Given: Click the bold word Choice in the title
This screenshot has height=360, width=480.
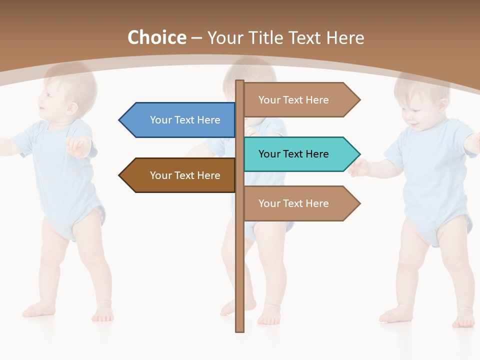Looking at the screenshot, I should [x=156, y=38].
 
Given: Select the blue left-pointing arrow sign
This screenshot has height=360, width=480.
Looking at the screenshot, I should [x=180, y=120].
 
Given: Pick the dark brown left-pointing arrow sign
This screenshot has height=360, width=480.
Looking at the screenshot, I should [x=180, y=175].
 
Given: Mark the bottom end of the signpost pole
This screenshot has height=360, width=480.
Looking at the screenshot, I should [x=240, y=330].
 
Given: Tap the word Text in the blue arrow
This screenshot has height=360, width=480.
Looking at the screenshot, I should [x=185, y=120].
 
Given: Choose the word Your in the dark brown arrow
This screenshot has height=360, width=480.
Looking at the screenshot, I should [x=160, y=175].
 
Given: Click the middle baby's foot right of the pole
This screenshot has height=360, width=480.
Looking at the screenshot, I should [x=270, y=315].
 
